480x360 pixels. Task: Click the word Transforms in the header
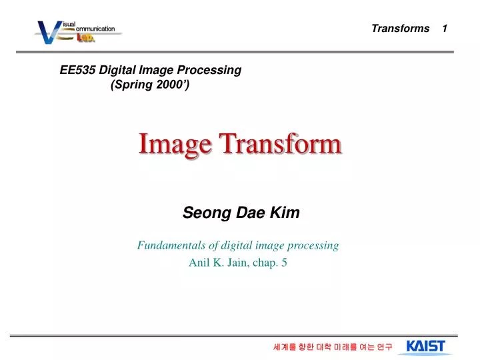pos(400,28)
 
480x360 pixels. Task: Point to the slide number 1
pos(444,28)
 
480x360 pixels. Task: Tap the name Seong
pos(201,213)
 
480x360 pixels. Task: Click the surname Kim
pos(285,213)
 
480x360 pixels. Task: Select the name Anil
pos(199,263)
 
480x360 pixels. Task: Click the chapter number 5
pos(285,263)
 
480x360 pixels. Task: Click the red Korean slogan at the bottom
pos(333,347)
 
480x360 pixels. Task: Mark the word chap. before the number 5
pos(266,263)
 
